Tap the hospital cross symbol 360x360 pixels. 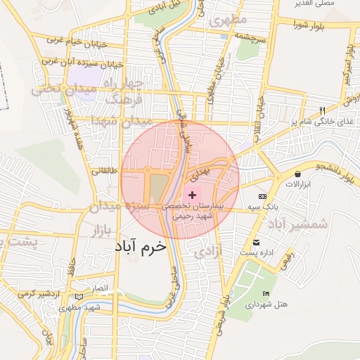(193, 193)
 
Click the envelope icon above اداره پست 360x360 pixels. (263, 240)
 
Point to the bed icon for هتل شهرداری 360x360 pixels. (265, 293)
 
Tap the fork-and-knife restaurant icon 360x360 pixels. (322, 110)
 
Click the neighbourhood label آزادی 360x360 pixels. (208, 250)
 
